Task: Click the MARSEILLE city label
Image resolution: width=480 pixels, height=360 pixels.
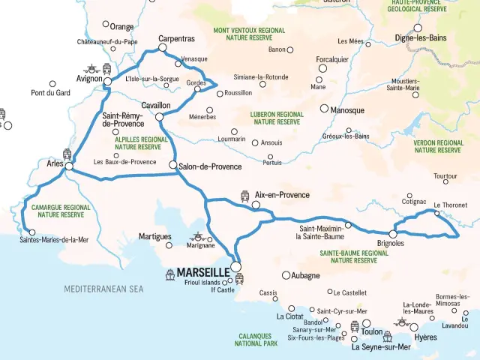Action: (203, 272)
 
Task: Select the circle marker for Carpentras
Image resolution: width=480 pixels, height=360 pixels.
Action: (162, 48)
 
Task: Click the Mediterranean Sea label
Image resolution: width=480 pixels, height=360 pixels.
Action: (103, 288)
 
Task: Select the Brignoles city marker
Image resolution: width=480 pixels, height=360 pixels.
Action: (392, 234)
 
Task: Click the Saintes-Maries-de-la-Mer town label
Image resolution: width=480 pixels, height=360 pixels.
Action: (54, 240)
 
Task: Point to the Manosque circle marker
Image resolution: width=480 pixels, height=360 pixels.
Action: (324, 109)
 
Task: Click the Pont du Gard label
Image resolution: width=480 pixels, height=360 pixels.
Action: (50, 94)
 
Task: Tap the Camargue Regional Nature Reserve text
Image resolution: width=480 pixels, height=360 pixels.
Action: (61, 211)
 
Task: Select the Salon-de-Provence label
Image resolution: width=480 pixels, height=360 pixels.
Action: (210, 166)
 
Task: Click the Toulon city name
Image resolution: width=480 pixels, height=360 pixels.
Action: (372, 331)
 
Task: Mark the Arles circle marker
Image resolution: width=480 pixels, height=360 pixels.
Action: (69, 166)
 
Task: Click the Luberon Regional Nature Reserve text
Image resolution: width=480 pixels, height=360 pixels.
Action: (277, 118)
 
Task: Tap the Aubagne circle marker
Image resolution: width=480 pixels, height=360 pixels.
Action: (286, 275)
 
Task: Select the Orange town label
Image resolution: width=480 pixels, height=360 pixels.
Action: (121, 26)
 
